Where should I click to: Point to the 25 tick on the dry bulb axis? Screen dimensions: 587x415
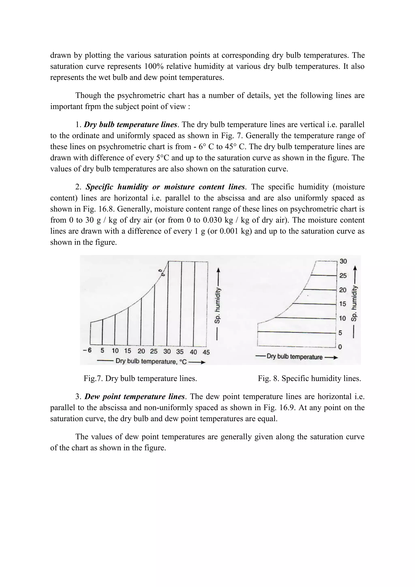pos(154,351)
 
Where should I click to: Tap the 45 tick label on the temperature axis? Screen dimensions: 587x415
pos(206,352)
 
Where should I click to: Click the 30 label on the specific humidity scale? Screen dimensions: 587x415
pos(343,261)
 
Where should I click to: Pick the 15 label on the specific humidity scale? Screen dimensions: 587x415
pos(343,304)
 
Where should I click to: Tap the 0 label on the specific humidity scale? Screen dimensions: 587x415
pos(340,347)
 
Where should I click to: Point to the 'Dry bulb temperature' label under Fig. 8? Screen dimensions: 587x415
pos(294,357)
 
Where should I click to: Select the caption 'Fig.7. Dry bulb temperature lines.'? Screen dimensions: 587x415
pos(140,378)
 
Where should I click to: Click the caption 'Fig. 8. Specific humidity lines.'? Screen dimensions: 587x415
pos(309,378)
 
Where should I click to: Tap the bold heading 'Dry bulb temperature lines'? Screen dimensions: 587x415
pos(130,125)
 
